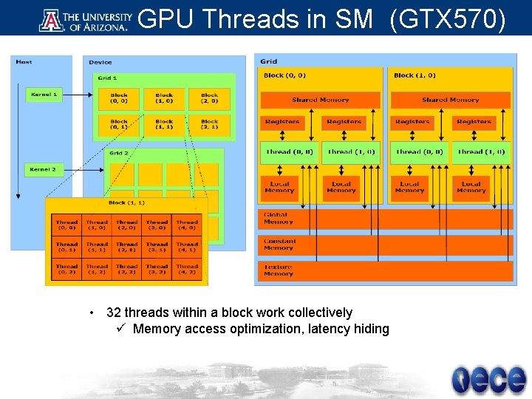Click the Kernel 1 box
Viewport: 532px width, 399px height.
(44, 95)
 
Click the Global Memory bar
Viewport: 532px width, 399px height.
(384, 218)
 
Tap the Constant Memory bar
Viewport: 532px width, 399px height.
(384, 245)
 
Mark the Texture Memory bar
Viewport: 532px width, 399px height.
(384, 270)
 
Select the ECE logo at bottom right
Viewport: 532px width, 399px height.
(488, 379)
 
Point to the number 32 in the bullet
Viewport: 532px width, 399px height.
(114, 313)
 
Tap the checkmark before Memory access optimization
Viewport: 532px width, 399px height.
(122, 329)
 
